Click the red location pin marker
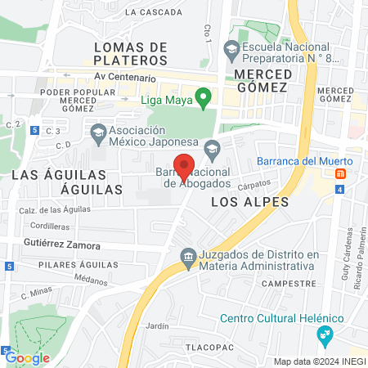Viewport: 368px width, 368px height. click(185, 166)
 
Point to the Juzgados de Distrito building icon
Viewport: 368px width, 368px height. click(188, 258)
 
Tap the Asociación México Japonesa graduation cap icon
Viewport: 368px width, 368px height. click(98, 131)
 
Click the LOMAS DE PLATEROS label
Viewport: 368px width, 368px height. click(130, 53)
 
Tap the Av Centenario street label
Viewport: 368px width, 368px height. click(125, 78)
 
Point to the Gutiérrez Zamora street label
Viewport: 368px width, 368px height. click(61, 245)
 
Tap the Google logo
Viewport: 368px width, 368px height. click(26, 357)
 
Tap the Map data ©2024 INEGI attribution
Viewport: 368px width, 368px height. click(319, 361)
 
